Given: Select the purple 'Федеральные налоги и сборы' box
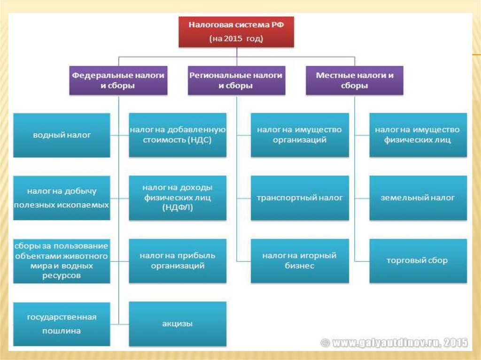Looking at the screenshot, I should click(118, 80).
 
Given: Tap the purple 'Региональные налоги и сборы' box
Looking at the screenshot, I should click(236, 80).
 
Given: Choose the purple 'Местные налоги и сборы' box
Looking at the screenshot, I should click(355, 80).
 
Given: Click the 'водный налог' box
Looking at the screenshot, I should click(62, 135).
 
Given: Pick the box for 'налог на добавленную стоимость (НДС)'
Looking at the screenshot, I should click(178, 135).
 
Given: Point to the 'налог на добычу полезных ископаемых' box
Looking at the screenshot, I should click(62, 198).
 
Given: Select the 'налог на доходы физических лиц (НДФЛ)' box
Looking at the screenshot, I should click(178, 198).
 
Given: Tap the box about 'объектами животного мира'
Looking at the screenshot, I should click(62, 261).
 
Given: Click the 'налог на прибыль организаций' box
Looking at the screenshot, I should click(178, 261).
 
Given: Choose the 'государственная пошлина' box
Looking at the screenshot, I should click(62, 324).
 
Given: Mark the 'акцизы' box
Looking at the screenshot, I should click(178, 324).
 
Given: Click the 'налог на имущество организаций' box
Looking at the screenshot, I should click(300, 135).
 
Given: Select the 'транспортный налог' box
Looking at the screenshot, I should click(300, 198).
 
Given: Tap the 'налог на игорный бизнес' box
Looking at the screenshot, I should click(300, 261).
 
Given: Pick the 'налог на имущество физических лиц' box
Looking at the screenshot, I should click(418, 135).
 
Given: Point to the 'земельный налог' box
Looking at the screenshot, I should click(418, 198).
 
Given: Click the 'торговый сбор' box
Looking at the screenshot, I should click(418, 261).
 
